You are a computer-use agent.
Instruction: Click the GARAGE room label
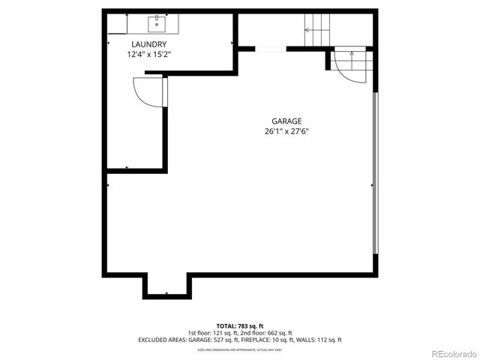coord(287,121)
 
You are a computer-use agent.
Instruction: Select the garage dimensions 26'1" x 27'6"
coord(287,131)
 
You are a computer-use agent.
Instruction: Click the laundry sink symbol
coord(157,24)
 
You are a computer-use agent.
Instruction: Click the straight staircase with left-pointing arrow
coord(316,31)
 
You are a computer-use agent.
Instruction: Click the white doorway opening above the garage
coord(270,49)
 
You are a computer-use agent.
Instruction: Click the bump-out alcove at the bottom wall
coord(167,286)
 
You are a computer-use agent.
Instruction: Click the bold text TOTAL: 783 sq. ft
coord(239,325)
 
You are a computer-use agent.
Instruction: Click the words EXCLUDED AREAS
coord(161,340)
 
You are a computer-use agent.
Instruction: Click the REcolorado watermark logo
coord(451,353)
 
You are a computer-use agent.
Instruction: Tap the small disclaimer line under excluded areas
coord(239,349)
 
